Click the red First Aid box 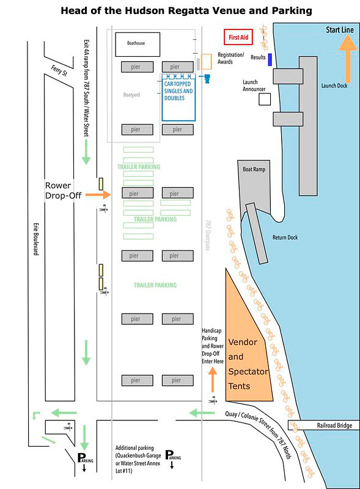point(238,37)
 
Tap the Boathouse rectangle point(138,44)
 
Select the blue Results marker point(270,59)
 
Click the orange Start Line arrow point(348,58)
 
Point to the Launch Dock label point(334,86)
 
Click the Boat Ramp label point(254,169)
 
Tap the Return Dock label point(285,238)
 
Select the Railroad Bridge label point(334,425)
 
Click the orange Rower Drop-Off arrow point(98,194)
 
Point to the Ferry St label point(59,70)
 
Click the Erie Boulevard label point(36,239)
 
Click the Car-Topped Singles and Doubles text point(178,90)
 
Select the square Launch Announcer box point(265,100)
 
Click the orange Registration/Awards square point(206,62)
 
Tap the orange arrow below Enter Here point(213,379)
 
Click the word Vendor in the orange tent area point(243,342)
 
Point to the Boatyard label point(131,95)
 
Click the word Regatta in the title point(189,11)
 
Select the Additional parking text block point(138,460)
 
